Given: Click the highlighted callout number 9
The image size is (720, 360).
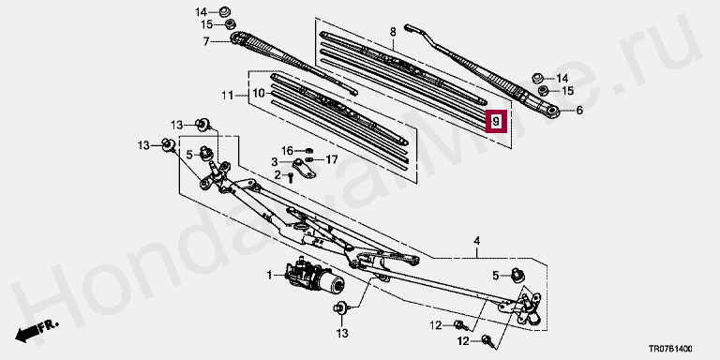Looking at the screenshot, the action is (x=496, y=122).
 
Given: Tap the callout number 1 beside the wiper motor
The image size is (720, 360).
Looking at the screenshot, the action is (x=270, y=276).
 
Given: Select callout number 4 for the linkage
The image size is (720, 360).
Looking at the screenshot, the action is (x=477, y=240).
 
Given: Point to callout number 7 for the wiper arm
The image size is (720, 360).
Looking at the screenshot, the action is (x=206, y=42).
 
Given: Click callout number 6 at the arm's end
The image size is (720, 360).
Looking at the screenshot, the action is (x=579, y=111).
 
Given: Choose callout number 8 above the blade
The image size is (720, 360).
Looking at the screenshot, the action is (x=393, y=32).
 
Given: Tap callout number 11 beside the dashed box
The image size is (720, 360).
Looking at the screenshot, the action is (x=227, y=96).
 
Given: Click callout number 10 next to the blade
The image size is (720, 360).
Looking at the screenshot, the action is (x=259, y=93).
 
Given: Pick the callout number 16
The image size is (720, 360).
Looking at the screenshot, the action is (x=287, y=151).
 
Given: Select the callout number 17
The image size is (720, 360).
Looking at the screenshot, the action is (x=332, y=159).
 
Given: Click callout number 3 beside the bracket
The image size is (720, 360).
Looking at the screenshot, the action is (x=274, y=162).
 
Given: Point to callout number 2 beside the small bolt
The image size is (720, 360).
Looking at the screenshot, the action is (x=277, y=175).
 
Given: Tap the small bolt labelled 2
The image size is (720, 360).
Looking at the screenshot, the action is (x=291, y=177).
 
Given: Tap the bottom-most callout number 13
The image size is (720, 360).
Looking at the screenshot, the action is (x=342, y=332).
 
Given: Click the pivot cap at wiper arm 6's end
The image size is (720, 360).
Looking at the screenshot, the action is (x=552, y=111).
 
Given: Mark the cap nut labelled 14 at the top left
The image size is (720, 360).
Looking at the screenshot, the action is (x=225, y=11).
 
